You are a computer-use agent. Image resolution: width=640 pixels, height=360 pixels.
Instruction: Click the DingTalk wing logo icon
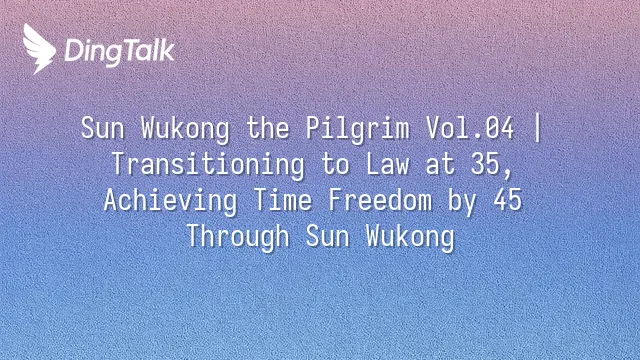click(39, 49)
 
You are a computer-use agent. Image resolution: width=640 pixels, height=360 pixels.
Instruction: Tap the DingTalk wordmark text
click(119, 52)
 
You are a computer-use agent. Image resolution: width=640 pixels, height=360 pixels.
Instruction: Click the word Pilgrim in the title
click(358, 129)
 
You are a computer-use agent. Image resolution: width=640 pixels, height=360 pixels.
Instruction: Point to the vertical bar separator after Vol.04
click(538, 128)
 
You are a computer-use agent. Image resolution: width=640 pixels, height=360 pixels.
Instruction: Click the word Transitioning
click(208, 164)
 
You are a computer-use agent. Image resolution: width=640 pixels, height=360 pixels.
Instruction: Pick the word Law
click(387, 164)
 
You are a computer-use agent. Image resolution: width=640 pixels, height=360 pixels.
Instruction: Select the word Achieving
click(170, 200)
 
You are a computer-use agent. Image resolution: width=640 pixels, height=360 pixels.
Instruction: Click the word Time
click(282, 200)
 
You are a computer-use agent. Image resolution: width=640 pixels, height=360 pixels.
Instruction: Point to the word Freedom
click(380, 200)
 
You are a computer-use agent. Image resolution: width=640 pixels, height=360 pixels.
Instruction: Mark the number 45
click(507, 200)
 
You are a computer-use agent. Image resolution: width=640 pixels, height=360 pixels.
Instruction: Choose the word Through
click(238, 237)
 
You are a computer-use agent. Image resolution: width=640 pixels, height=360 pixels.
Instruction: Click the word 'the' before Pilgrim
click(268, 128)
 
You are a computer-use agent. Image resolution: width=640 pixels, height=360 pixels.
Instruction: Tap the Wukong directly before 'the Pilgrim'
click(185, 129)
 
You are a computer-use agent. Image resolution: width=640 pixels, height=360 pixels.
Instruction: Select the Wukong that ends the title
click(410, 237)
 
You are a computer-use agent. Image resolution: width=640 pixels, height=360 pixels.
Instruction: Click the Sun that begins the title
click(102, 128)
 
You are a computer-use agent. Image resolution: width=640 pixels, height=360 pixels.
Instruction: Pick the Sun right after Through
click(327, 237)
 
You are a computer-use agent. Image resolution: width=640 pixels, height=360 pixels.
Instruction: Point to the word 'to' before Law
click(335, 164)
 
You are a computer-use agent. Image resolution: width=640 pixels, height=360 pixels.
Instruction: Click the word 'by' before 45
click(462, 201)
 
